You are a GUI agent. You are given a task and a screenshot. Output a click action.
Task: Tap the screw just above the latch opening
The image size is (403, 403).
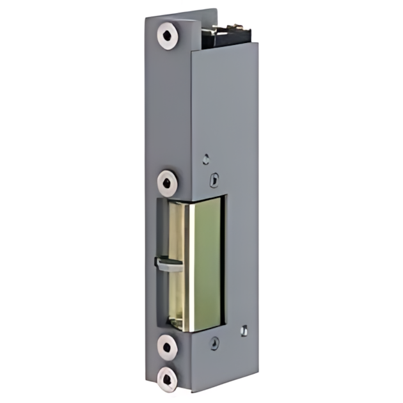(x=168, y=182)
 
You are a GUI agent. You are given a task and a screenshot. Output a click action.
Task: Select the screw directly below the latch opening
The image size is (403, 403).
(x=168, y=347)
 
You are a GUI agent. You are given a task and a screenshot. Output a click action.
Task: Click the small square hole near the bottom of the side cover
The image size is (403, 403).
(x=242, y=330)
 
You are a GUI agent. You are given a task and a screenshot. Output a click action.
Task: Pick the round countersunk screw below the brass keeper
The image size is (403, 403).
(x=214, y=344)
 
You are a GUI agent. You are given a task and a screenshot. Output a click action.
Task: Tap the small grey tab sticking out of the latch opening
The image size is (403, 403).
(x=165, y=264)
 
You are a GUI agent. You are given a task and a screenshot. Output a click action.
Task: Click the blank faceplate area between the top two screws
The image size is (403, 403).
(x=168, y=109)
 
